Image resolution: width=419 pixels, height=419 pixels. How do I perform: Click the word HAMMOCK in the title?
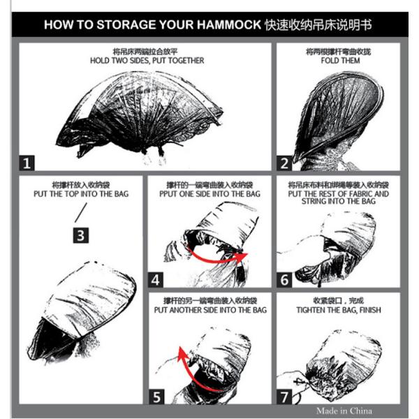tap(229, 25)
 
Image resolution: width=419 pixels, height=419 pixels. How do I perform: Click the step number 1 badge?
tap(27, 163)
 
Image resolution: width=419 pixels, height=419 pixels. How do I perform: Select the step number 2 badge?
tap(284, 163)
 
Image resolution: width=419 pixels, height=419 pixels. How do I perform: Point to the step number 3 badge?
tap(81, 235)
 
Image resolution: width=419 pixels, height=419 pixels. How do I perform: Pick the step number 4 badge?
tap(156, 280)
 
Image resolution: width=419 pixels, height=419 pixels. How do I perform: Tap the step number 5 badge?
tap(156, 397)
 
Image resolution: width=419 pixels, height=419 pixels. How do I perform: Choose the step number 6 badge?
tap(284, 280)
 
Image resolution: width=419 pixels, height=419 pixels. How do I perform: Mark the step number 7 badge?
tap(284, 397)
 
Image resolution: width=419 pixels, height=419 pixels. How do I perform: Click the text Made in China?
tap(344, 411)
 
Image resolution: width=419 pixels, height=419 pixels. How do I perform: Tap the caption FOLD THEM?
tap(341, 60)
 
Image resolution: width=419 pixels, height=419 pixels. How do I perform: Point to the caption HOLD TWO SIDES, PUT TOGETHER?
tap(147, 60)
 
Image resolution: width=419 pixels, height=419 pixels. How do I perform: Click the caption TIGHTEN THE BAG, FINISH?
tap(339, 310)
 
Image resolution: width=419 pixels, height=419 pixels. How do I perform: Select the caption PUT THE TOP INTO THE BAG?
tap(81, 193)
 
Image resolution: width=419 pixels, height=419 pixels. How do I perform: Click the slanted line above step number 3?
tap(81, 213)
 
